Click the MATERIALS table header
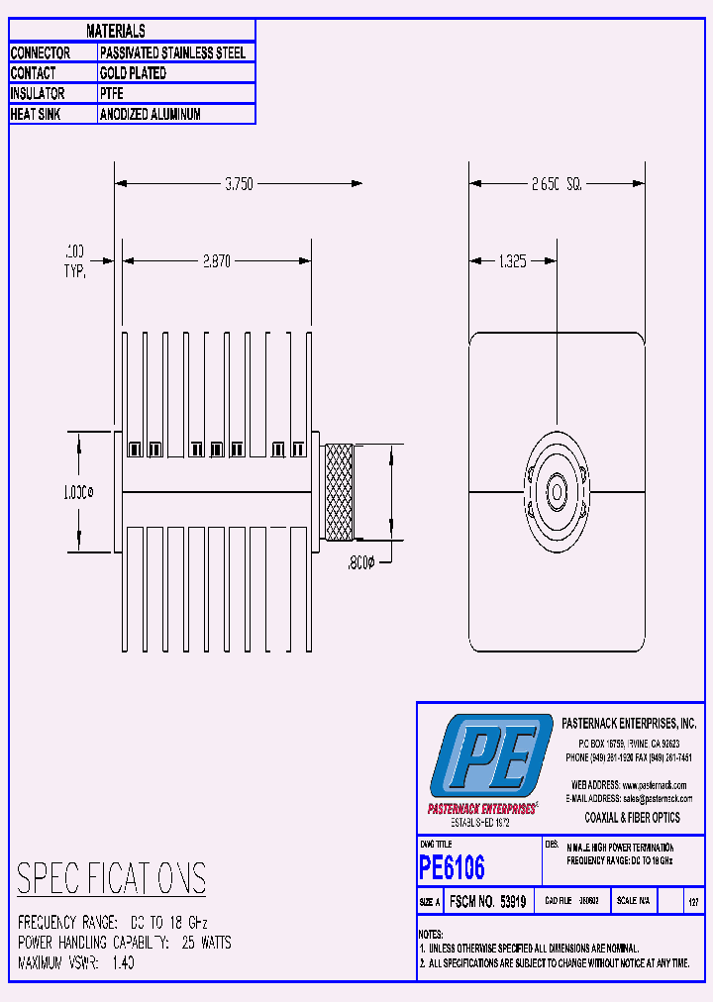click(x=116, y=32)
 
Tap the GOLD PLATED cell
click(x=133, y=73)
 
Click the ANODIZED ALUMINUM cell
click(x=150, y=114)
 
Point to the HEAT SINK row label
click(x=38, y=114)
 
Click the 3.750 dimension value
click(x=239, y=183)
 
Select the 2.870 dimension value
click(x=217, y=261)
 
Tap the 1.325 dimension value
click(x=511, y=261)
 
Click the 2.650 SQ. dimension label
click(x=556, y=183)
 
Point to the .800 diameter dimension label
click(x=361, y=561)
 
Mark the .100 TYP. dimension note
click(x=75, y=260)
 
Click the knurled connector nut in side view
click(x=340, y=493)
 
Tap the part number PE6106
click(x=453, y=867)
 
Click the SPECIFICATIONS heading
click(x=112, y=878)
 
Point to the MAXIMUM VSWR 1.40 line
click(x=76, y=961)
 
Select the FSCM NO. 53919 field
click(x=491, y=902)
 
